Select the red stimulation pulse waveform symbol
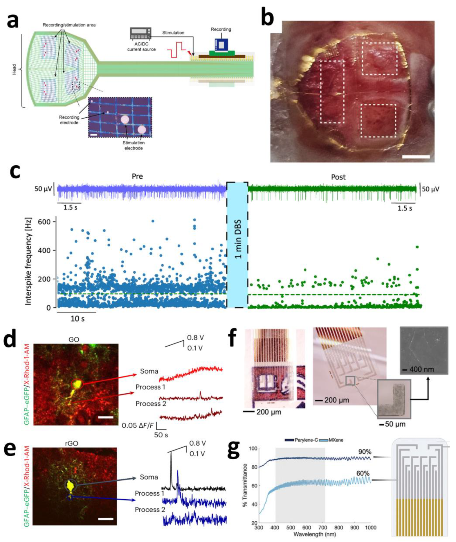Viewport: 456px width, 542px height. (176, 49)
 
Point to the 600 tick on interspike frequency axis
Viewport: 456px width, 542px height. (44, 222)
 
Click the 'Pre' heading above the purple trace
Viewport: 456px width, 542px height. (137, 176)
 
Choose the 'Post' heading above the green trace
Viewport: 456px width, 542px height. (338, 177)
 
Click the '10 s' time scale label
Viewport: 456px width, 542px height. (77, 319)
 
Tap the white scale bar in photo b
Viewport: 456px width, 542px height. (416, 157)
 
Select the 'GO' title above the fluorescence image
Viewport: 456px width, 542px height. (74, 339)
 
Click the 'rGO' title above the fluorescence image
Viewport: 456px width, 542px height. (71, 444)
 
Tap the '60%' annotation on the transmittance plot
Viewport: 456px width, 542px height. (363, 473)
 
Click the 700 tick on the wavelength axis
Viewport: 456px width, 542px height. (322, 527)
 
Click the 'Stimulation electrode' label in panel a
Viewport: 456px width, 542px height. (134, 145)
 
